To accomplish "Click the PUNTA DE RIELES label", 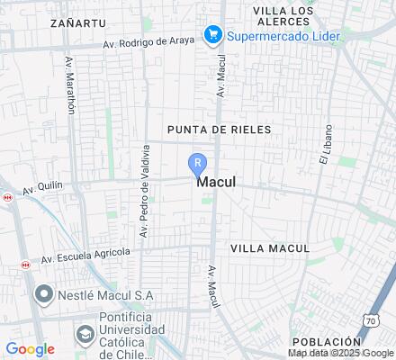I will [219, 130].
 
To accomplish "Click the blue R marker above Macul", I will [197, 164].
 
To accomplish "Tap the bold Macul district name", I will [216, 181].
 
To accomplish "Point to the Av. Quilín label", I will [42, 190].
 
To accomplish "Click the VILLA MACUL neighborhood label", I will [270, 247].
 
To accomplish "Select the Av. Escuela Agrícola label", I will [85, 256].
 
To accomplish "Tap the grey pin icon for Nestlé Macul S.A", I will [42, 294].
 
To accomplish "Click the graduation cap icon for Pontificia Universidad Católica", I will [85, 334].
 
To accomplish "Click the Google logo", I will [30, 349].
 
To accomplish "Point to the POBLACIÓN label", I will [325, 342].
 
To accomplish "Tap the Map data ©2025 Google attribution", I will [341, 354].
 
